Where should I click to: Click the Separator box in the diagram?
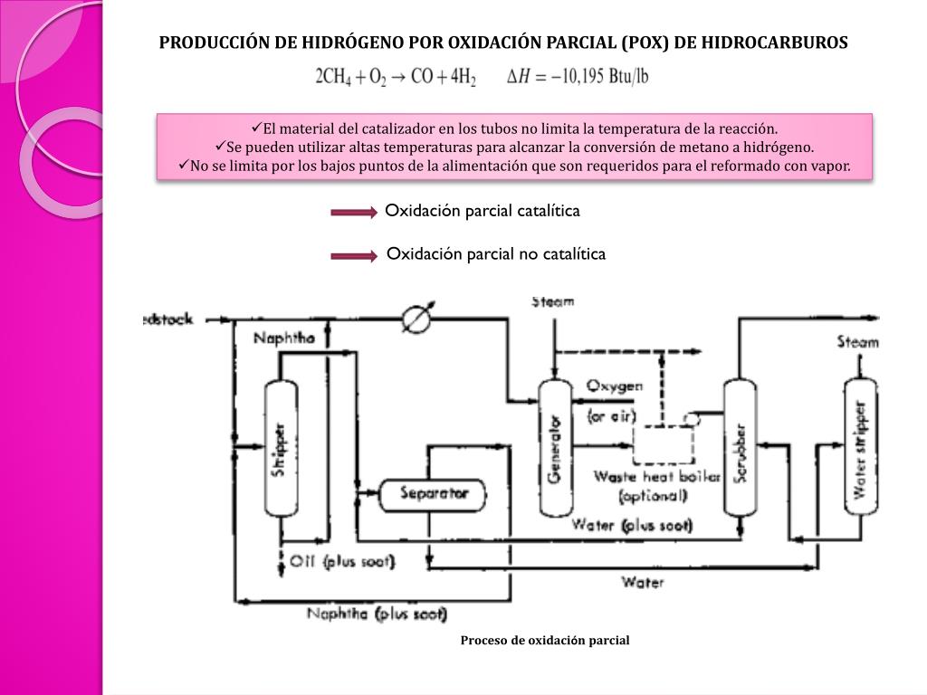[x=431, y=494]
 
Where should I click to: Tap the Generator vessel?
[x=554, y=447]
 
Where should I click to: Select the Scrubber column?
[x=740, y=447]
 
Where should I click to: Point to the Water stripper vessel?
[x=860, y=447]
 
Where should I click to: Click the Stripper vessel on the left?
[x=281, y=449]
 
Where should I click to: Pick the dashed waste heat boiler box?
[x=663, y=444]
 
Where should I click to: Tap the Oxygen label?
[x=615, y=386]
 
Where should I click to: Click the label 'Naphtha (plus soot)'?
[x=377, y=614]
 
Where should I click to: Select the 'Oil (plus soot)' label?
[x=341, y=561]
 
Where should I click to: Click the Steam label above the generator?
[x=552, y=301]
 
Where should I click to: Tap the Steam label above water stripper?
[x=856, y=342]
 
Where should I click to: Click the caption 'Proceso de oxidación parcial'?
[x=544, y=641]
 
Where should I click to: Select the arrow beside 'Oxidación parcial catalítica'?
[x=353, y=213]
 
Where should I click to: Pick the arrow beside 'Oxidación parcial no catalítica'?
[x=353, y=256]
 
